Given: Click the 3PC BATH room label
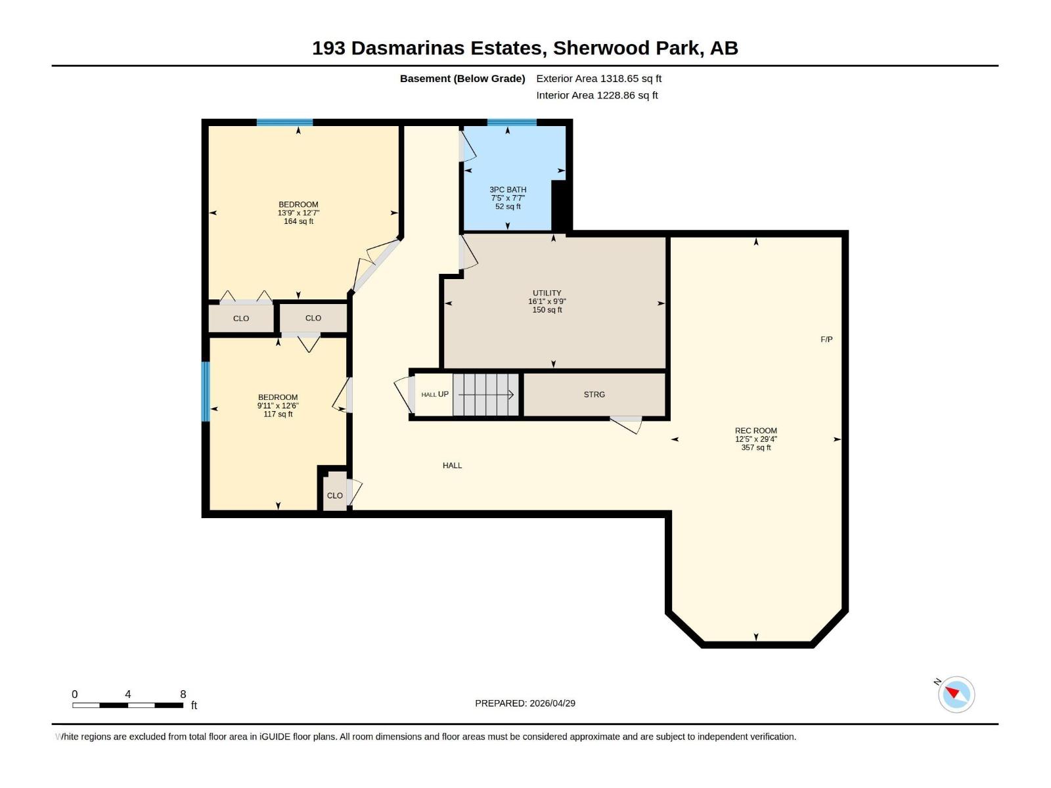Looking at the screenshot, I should pyautogui.click(x=508, y=190).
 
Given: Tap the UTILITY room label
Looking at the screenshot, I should pyautogui.click(x=547, y=293).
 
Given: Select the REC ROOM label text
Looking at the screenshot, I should pyautogui.click(x=755, y=431).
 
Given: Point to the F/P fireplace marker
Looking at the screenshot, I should pyautogui.click(x=826, y=339).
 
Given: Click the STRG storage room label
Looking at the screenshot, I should pyautogui.click(x=594, y=395).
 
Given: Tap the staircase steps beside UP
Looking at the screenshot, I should pyautogui.click(x=485, y=395).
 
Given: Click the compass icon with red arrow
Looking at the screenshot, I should pyautogui.click(x=956, y=694).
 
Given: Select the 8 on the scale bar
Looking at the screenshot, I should pyautogui.click(x=183, y=694).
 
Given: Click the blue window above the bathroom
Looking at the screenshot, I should pyautogui.click(x=512, y=122).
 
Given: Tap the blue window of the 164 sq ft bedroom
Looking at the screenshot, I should pyautogui.click(x=284, y=122).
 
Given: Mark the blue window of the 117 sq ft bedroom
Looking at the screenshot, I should pyautogui.click(x=205, y=391).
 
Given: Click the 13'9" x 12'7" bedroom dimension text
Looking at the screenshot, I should pyautogui.click(x=298, y=213).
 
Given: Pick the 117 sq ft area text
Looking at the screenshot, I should pyautogui.click(x=278, y=414).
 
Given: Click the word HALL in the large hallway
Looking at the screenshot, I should pyautogui.click(x=452, y=466).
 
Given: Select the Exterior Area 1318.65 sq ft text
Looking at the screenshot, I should pyautogui.click(x=598, y=78).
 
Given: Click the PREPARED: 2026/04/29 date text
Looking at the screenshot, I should pyautogui.click(x=525, y=703).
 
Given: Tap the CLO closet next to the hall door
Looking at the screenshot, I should pyautogui.click(x=334, y=496).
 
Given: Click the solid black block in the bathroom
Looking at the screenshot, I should pyautogui.click(x=559, y=205).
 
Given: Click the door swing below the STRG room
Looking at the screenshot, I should pyautogui.click(x=627, y=424).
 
